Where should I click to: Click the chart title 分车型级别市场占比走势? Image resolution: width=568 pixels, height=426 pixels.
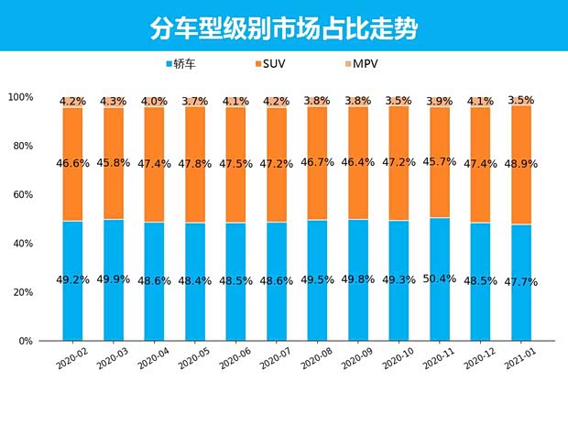pos(284,27)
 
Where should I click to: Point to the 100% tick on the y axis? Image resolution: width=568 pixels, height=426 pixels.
pos(20,97)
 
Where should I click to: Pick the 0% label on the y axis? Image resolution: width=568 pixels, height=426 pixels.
pos(26,341)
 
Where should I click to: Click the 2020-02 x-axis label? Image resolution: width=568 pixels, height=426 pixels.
pos(71,359)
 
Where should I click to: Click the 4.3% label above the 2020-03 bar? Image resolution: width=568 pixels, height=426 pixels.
pos(114,102)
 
